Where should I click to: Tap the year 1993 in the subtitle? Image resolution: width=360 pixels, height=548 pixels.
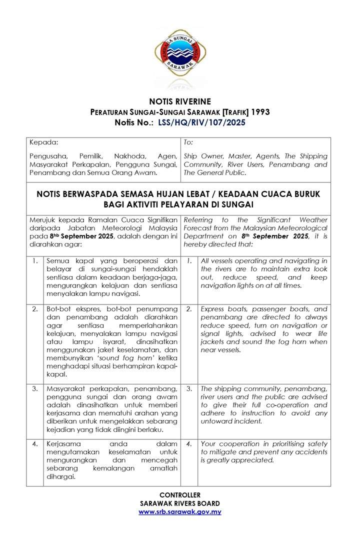(260, 112)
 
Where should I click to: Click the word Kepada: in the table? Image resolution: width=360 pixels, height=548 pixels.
(44, 142)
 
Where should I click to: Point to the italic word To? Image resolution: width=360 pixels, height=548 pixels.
(189, 142)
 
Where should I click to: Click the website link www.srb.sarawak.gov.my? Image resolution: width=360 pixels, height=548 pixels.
(179, 512)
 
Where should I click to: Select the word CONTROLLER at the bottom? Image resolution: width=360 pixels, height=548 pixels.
(179, 495)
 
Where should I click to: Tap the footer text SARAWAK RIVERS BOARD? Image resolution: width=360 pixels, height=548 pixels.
(179, 503)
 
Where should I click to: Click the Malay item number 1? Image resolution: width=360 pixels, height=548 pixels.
(35, 261)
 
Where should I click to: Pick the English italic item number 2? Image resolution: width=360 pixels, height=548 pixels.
(189, 309)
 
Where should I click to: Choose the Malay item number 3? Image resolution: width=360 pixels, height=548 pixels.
(35, 388)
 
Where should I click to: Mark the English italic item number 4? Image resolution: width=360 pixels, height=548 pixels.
(189, 443)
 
